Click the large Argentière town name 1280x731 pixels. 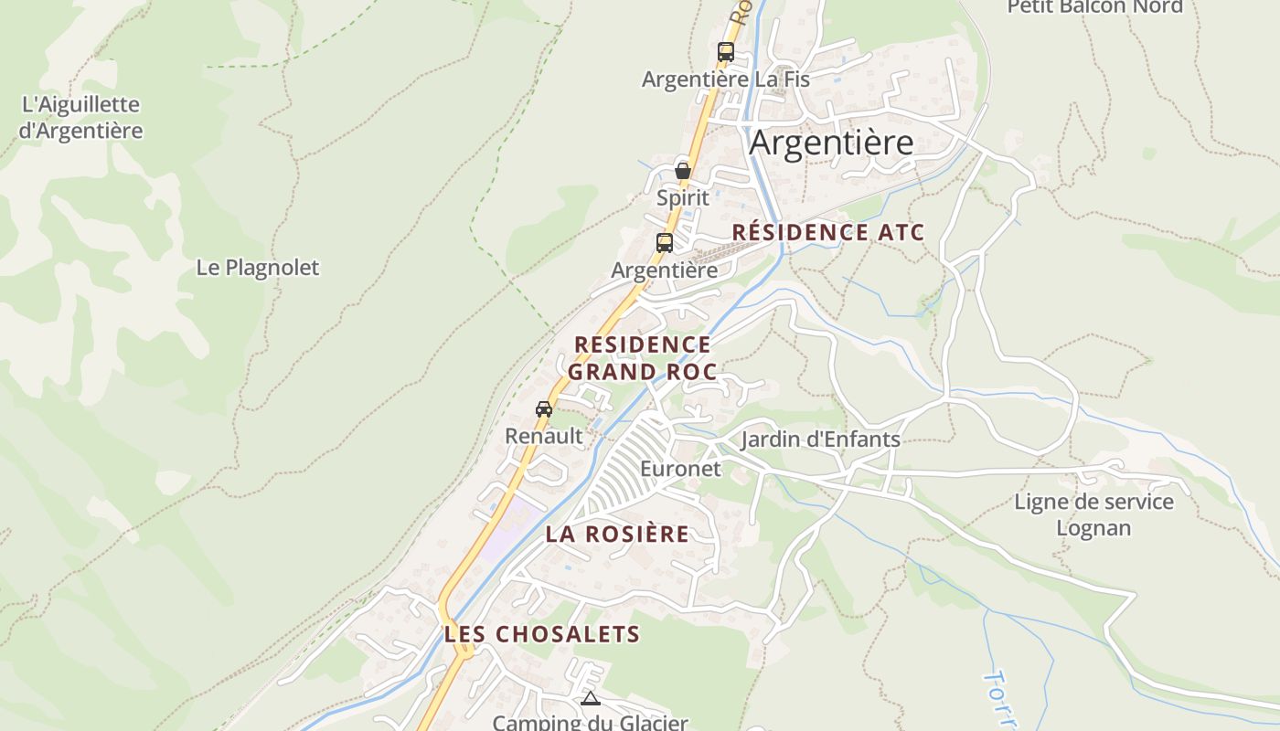click(x=831, y=143)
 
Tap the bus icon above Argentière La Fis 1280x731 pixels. click(x=725, y=52)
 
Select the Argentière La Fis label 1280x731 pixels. click(x=725, y=79)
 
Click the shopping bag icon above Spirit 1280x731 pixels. click(x=682, y=171)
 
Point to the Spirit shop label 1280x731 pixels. click(x=682, y=197)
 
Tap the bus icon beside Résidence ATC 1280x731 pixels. click(x=665, y=243)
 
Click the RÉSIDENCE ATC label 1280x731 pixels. click(x=827, y=232)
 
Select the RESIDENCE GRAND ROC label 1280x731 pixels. click(x=642, y=358)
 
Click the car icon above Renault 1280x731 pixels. click(x=544, y=409)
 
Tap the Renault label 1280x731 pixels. click(x=544, y=436)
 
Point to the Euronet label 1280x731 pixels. click(x=680, y=469)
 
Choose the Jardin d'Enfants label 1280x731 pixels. click(x=820, y=440)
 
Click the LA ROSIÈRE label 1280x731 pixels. click(x=617, y=535)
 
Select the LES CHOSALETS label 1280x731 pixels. click(x=542, y=633)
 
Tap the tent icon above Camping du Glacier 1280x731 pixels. click(x=590, y=699)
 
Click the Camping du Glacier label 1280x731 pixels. click(x=590, y=723)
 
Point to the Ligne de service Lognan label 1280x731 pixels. click(x=1093, y=514)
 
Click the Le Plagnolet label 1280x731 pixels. click(x=258, y=268)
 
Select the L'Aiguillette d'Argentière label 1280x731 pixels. click(x=80, y=118)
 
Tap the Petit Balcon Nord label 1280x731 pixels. click(x=1094, y=7)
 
